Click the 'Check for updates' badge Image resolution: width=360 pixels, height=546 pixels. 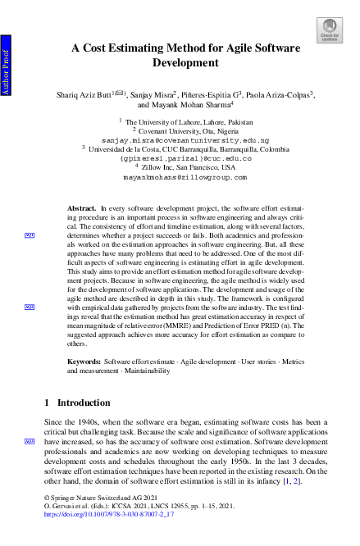tap(329, 31)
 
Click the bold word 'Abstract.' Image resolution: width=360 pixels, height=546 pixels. tap(82, 210)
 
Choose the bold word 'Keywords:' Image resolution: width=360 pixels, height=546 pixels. tap(84, 362)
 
